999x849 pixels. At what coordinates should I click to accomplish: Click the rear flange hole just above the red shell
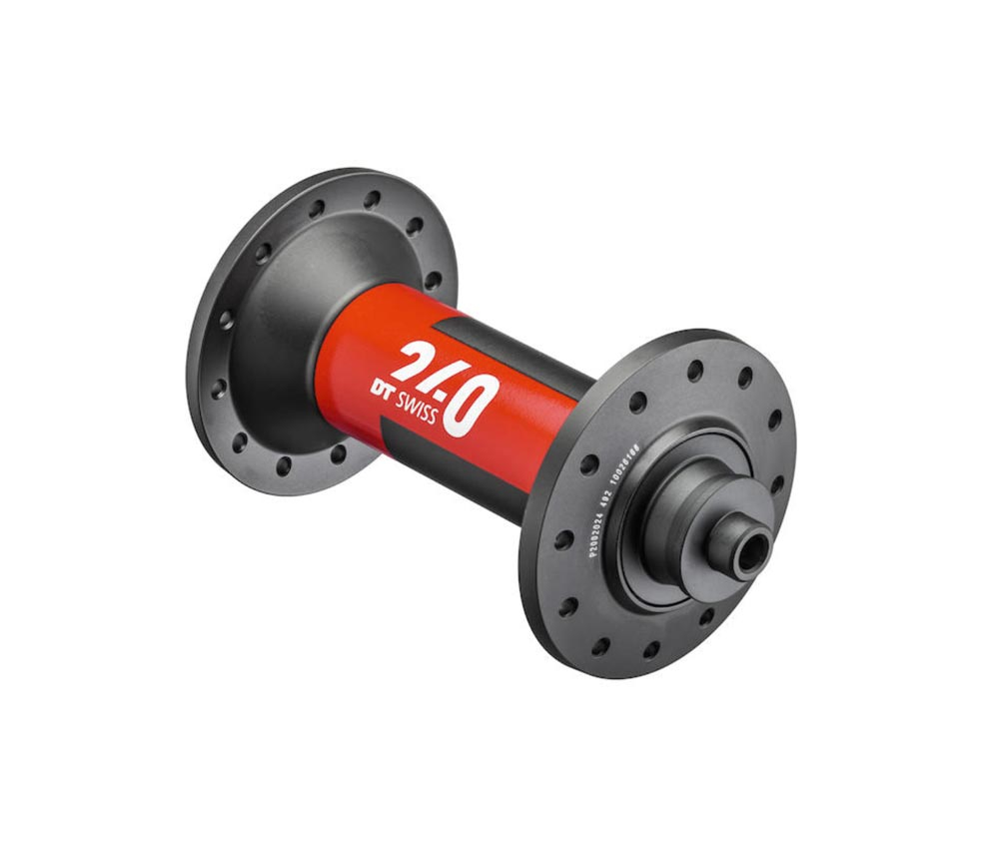[433, 283]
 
